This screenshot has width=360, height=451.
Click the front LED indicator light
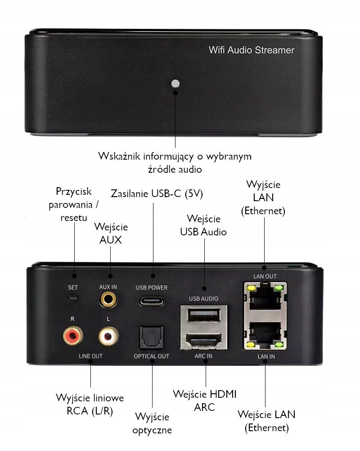tap(175, 83)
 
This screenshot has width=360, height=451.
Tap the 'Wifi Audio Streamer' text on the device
tap(251, 50)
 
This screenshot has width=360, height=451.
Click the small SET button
tap(72, 298)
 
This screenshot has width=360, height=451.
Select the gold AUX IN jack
tap(108, 299)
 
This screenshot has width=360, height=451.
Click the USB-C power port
tap(151, 300)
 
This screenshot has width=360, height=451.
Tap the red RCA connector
tap(72, 335)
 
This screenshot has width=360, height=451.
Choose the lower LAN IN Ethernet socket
tap(265, 335)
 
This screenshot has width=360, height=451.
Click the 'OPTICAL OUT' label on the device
tap(151, 356)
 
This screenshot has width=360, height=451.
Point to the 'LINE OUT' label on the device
tap(90, 356)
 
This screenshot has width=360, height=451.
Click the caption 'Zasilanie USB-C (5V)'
tap(157, 194)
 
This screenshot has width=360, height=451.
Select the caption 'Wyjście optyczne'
tap(152, 423)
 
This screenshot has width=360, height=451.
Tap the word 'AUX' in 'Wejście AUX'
tap(111, 239)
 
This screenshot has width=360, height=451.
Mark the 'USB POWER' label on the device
tap(151, 287)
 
